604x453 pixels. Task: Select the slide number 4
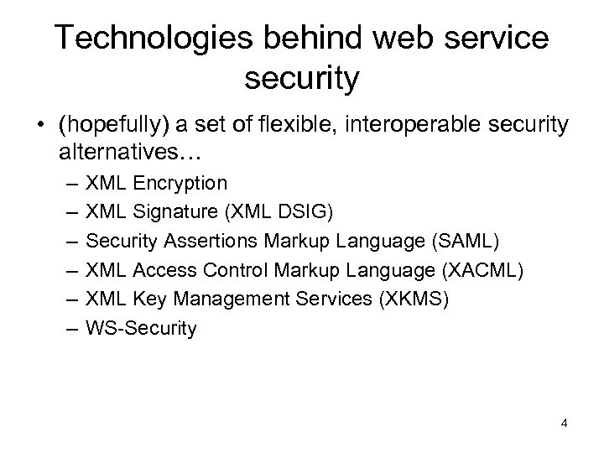(x=565, y=423)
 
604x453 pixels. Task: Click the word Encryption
(x=180, y=182)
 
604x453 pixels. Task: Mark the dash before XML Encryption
(x=67, y=183)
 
